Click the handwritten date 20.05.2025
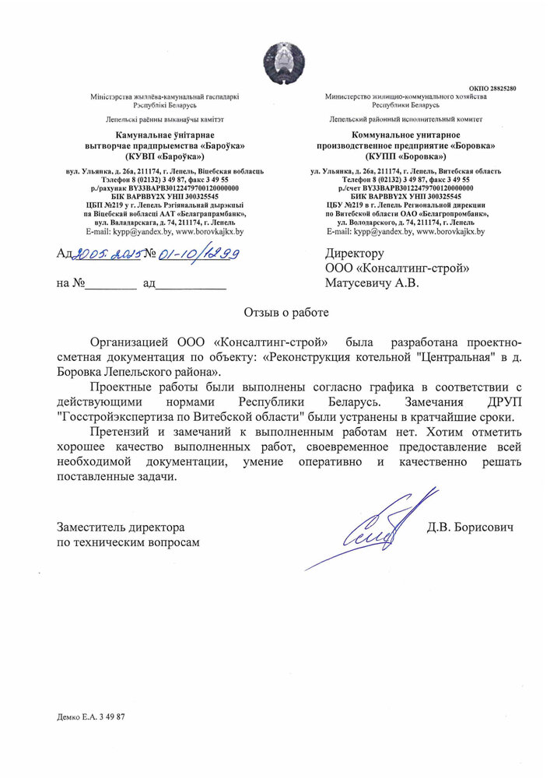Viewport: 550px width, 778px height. coord(103,254)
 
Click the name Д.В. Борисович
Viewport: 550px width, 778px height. coord(470,527)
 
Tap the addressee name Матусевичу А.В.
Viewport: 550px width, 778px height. coord(372,284)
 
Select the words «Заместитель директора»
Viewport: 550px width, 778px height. coord(121,527)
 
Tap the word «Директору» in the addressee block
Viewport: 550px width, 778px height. coord(355,254)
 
